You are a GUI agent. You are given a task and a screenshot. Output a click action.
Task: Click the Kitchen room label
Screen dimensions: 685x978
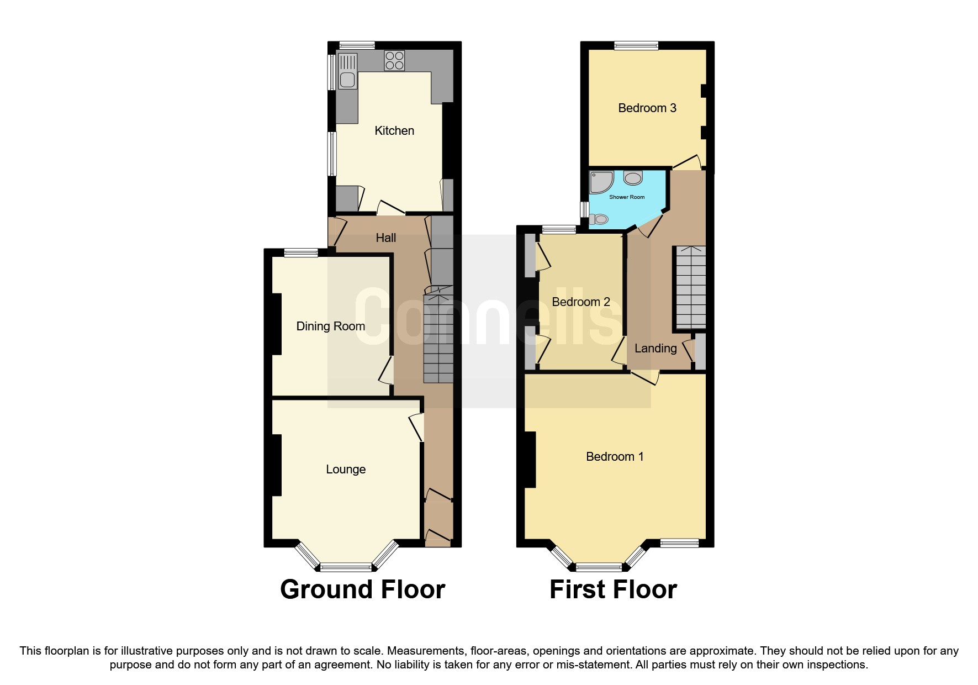click(394, 131)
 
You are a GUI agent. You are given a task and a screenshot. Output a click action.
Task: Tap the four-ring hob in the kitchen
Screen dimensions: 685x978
click(394, 61)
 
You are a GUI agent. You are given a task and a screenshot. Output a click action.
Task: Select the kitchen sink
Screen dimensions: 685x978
click(347, 80)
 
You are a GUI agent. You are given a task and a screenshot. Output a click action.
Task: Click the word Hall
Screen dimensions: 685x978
click(385, 238)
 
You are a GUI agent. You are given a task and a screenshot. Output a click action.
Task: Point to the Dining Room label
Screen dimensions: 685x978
click(330, 326)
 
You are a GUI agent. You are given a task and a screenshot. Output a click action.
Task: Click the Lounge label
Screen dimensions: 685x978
click(346, 470)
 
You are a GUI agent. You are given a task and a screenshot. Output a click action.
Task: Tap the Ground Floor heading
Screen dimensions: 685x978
click(362, 589)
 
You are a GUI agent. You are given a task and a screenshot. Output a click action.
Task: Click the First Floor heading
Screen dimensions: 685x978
click(613, 589)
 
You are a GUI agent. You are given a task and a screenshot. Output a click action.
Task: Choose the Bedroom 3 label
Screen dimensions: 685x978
click(647, 108)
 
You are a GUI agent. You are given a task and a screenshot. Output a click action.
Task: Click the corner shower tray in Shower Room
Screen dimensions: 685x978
click(600, 182)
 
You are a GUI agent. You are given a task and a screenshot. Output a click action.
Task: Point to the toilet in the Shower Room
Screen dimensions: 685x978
click(599, 219)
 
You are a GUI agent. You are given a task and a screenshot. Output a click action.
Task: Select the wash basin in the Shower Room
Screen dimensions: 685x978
click(633, 178)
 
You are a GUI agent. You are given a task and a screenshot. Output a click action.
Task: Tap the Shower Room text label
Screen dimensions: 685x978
click(626, 197)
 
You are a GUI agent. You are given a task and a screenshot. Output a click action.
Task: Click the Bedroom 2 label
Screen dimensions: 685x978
click(580, 302)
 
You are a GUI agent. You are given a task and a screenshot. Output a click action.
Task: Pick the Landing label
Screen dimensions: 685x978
click(655, 349)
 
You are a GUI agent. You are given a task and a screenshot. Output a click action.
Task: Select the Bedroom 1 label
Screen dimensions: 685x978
click(614, 457)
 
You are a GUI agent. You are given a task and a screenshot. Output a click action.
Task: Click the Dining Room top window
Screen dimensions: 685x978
click(301, 253)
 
